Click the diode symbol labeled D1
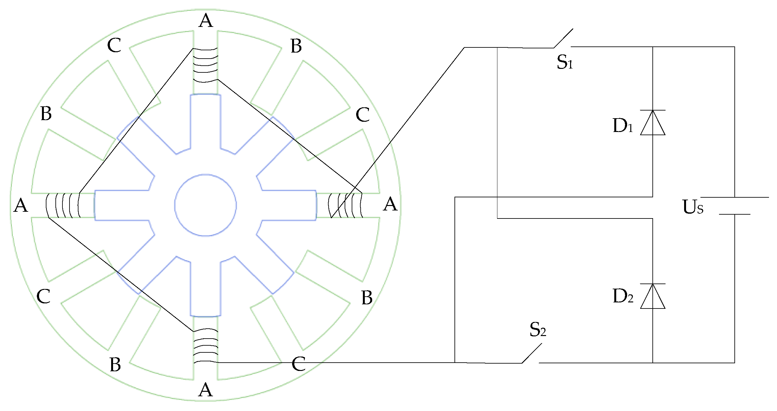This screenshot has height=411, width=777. point(652,123)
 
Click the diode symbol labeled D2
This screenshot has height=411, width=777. point(652,297)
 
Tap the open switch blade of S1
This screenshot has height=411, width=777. point(563,38)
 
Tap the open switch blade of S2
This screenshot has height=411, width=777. point(532,353)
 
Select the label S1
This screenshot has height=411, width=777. point(564,62)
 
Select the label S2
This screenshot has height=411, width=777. point(537,330)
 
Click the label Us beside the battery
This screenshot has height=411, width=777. point(692,207)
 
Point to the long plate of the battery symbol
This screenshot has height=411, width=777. point(734,197)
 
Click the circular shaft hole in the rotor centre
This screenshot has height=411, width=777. point(205,205)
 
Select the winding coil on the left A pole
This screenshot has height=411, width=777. point(63,205)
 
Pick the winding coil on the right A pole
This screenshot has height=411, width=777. point(346,205)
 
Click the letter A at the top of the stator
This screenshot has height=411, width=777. point(206,21)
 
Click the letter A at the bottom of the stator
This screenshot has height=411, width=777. point(205,390)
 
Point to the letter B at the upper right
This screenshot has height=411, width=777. point(296,46)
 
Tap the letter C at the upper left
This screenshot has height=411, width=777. point(114,45)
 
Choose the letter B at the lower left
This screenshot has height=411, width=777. point(115,365)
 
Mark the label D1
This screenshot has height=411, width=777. point(622,125)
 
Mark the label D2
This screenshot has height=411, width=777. point(622,296)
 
